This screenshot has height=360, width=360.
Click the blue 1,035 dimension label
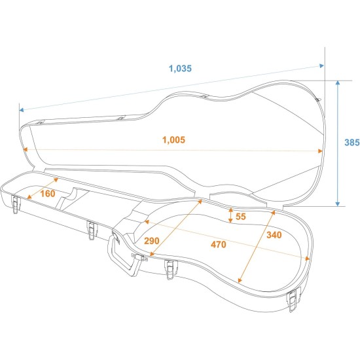pos(180,69)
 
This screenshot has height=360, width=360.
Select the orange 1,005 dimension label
pos(173,140)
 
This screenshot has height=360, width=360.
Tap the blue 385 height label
pos(352,143)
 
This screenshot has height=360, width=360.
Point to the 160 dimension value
pos(48,194)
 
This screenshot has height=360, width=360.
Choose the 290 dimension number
pos(152,241)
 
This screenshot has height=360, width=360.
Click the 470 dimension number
pos(219,245)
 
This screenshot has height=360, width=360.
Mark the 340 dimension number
pos(274,235)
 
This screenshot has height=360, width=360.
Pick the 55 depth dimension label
pos(241,217)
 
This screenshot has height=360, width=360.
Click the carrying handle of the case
pos(124,255)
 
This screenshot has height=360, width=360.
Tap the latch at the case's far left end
pos(15,204)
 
